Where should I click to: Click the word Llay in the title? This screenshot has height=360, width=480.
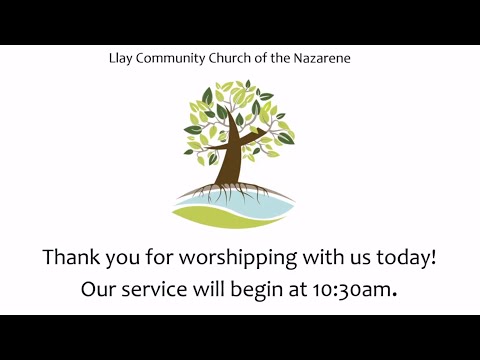119,58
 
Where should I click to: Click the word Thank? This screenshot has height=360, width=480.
71,257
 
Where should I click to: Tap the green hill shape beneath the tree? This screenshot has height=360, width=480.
205,214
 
